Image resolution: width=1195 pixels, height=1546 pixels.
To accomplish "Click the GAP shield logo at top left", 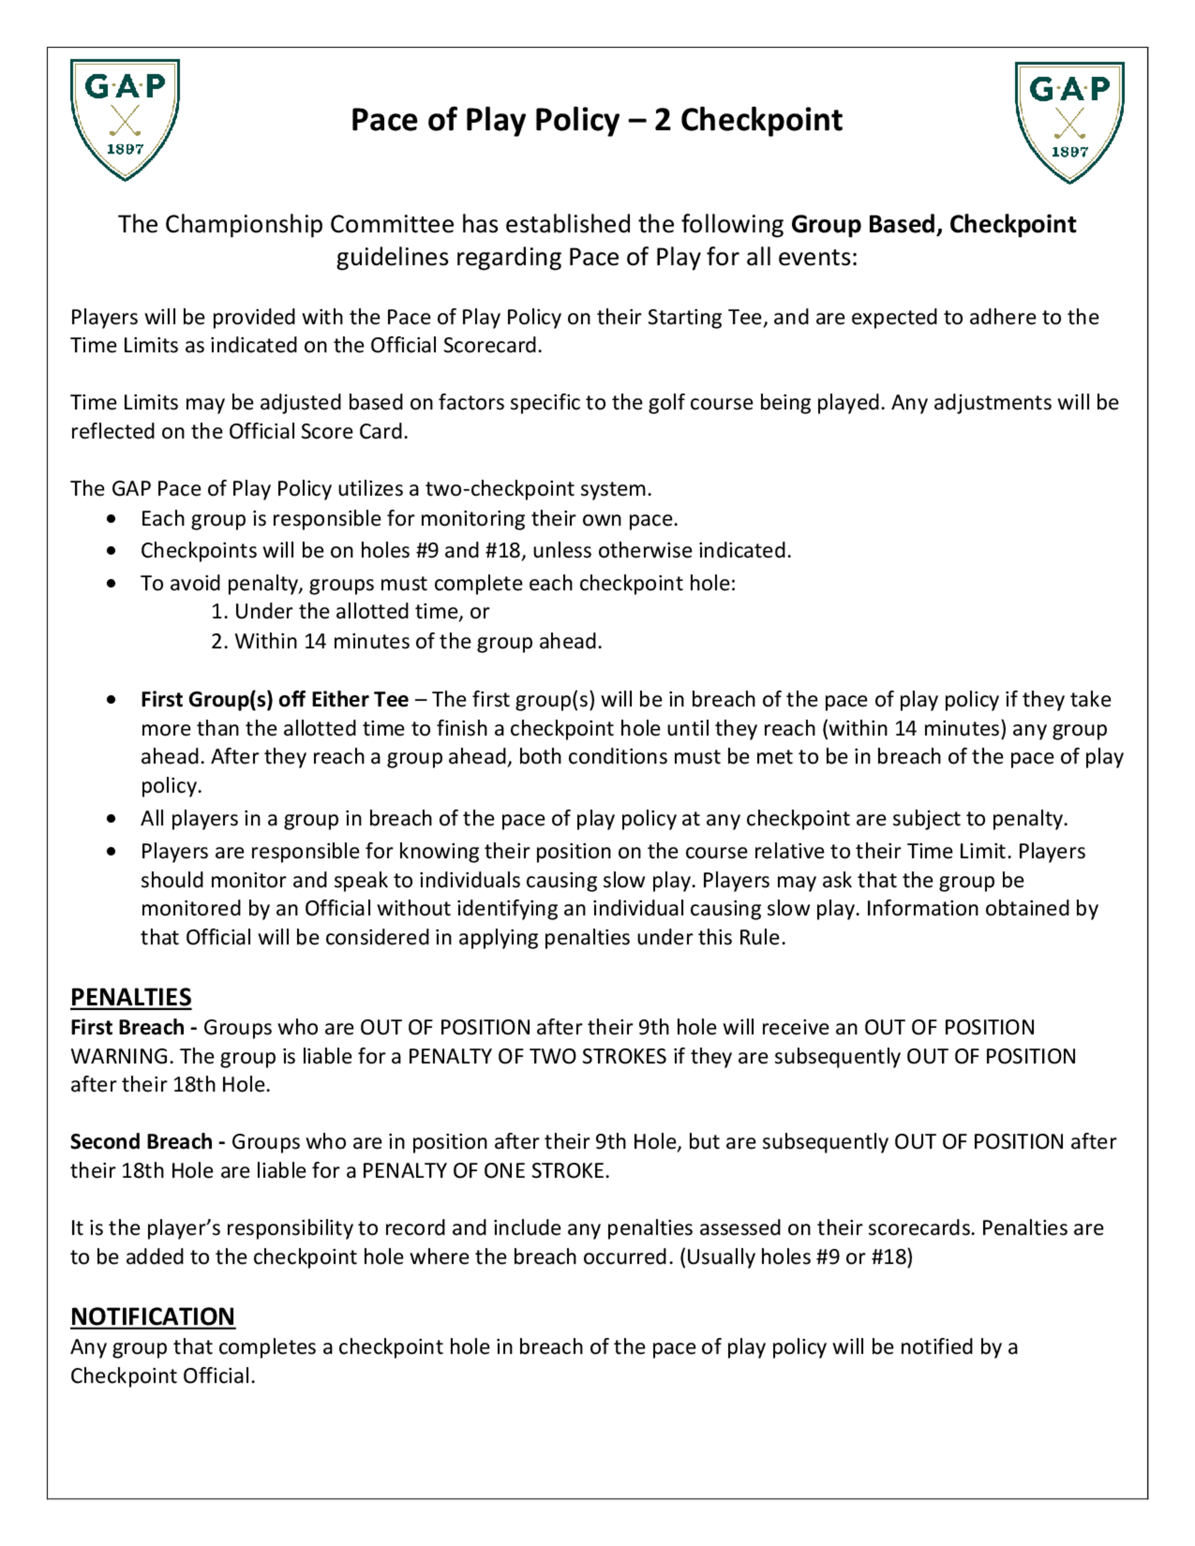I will tap(125, 119).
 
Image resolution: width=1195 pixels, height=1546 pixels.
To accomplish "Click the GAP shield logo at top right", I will tap(1069, 122).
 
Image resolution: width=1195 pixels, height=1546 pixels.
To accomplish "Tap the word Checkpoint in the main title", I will tap(761, 119).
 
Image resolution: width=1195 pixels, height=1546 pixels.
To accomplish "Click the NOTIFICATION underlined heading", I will tap(152, 1316).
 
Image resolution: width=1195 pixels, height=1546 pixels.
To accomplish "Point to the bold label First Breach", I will tap(127, 1027).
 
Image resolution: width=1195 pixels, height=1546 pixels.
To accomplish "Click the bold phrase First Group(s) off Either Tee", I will tap(274, 700).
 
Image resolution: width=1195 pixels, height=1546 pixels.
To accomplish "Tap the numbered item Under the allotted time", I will tap(350, 612).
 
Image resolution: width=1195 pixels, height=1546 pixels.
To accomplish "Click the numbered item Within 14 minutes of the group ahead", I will tap(407, 642).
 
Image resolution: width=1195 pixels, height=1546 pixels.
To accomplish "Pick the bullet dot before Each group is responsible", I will tap(111, 519).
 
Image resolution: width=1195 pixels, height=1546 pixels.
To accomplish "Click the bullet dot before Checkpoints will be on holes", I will tap(111, 551).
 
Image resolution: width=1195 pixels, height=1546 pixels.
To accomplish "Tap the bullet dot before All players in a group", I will tap(111, 819).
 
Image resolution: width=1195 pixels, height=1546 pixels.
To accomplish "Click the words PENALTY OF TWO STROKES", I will tap(537, 1056).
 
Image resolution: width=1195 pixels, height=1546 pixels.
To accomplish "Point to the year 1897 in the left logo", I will tap(125, 149).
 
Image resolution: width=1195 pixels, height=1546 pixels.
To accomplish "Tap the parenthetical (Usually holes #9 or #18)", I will tap(796, 1256).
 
